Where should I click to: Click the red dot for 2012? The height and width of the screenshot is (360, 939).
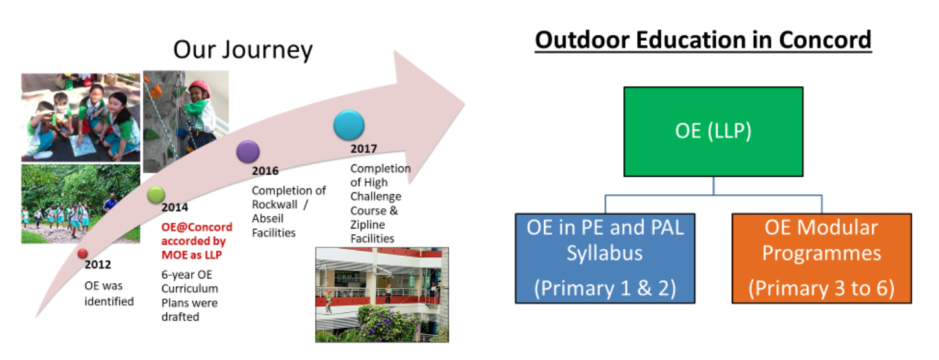point(83,254)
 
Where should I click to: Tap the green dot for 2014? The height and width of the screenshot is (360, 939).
point(156,195)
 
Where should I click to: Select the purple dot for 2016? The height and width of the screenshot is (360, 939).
point(248,152)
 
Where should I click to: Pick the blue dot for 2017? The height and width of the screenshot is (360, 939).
point(349,125)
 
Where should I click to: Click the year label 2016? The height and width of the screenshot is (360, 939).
point(265,171)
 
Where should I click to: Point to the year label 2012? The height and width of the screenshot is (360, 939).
point(98,264)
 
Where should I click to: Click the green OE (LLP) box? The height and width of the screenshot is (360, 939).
point(713,131)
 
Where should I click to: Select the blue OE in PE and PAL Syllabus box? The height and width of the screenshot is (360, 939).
point(605,258)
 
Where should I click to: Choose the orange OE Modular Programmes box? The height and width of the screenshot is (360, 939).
point(822,258)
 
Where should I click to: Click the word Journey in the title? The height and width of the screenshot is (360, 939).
point(267,51)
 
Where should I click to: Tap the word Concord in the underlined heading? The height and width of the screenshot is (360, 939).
point(825,40)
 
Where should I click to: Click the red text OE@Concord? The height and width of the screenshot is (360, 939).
point(197,227)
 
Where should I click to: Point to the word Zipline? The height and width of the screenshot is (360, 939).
point(367,225)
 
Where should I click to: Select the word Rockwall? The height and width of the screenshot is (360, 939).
point(275,205)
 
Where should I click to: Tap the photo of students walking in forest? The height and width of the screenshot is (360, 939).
point(80,204)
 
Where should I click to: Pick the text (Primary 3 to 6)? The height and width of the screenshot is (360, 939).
point(822,288)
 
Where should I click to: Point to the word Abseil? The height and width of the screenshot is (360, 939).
point(267,219)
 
